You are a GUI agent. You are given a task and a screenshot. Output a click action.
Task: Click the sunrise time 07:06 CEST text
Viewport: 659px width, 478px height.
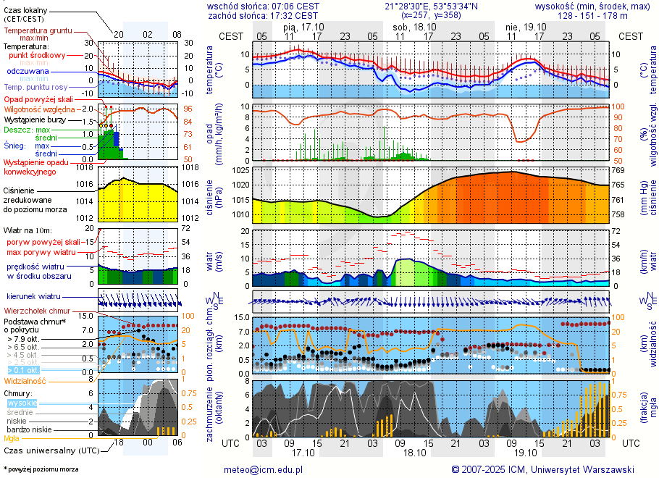293,6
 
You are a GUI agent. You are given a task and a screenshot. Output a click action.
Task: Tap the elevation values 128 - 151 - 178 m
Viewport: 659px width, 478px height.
592,15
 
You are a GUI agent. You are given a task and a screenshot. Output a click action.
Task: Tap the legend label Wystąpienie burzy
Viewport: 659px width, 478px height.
35,119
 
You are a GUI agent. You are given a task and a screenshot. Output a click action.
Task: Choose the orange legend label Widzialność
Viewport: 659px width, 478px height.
25,380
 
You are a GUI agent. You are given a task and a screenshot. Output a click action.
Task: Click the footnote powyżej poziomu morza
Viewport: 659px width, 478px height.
43,469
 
